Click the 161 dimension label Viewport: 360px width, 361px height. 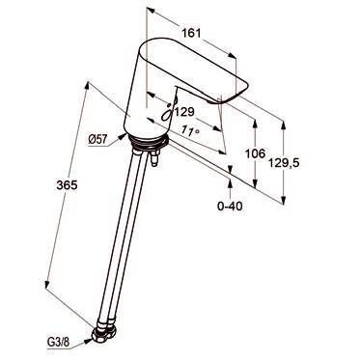[191, 33]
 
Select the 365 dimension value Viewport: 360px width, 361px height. [67, 185]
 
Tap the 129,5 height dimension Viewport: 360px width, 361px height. [284, 163]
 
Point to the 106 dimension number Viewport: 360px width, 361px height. [256, 153]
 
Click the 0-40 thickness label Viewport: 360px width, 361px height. [230, 206]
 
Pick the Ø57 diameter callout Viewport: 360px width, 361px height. [97, 139]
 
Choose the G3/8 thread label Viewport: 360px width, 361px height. [58, 342]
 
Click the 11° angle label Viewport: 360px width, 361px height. [190, 131]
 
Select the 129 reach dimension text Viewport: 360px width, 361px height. [184, 112]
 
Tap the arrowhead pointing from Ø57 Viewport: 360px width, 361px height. [123, 136]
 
